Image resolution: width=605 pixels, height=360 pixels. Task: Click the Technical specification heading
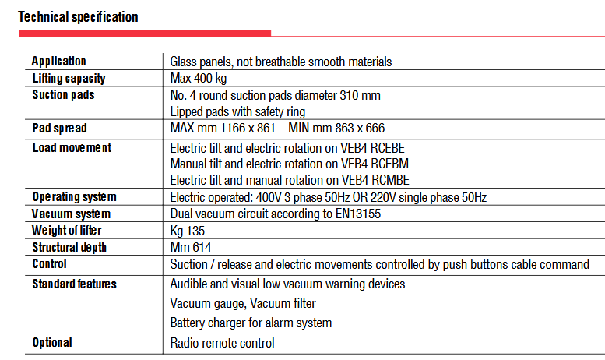[78, 16]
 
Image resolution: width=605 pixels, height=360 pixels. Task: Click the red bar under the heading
[144, 34]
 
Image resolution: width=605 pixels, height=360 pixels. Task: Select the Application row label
[59, 62]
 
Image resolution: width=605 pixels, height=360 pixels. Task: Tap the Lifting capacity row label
[69, 79]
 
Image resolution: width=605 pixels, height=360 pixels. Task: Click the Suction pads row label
[64, 95]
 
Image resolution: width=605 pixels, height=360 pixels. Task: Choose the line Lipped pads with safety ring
[237, 112]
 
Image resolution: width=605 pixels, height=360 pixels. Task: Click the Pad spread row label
[60, 129]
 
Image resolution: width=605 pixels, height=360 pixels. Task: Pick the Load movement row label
[72, 147]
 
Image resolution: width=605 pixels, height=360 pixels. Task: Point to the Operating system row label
[74, 197]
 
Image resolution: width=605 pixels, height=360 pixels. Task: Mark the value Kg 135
[188, 231]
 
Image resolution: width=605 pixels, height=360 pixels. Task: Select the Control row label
[50, 264]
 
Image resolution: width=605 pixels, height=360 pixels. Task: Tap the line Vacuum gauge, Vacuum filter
[243, 303]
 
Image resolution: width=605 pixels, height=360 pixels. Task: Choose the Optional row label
[52, 343]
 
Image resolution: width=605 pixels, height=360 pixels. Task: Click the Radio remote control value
[222, 343]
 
